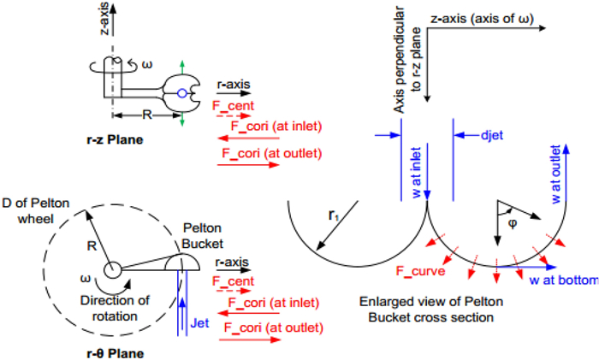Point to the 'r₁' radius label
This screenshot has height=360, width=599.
tap(335, 216)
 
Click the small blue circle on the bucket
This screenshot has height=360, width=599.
tap(181, 92)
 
